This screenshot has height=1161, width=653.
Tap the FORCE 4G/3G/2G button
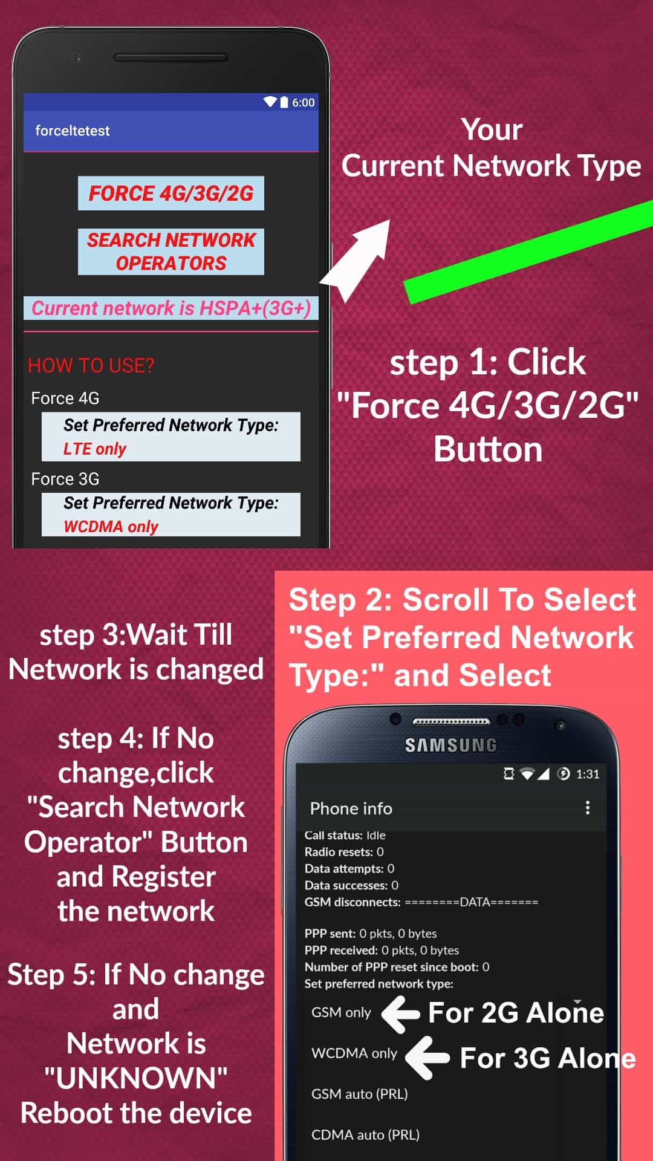171,193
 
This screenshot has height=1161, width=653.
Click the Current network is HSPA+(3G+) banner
171,308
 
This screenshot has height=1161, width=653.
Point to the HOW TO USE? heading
91,365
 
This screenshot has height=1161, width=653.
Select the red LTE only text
95,449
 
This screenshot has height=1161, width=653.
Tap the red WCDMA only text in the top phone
111,527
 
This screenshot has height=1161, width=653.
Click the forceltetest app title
73,131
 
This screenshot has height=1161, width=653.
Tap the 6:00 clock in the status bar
304,103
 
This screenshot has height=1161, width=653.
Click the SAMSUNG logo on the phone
450,745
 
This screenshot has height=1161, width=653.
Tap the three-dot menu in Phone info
587,808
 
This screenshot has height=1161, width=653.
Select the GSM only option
341,1012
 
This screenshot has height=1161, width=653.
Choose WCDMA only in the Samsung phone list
354,1053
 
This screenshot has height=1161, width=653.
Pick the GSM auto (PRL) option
360,1094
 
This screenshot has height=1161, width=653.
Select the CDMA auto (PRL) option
365,1135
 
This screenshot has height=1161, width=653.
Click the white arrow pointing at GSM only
400,1014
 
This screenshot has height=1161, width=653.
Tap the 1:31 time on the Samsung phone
588,774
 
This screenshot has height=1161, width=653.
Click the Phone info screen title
351,808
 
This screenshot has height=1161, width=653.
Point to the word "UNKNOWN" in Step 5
136,1078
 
